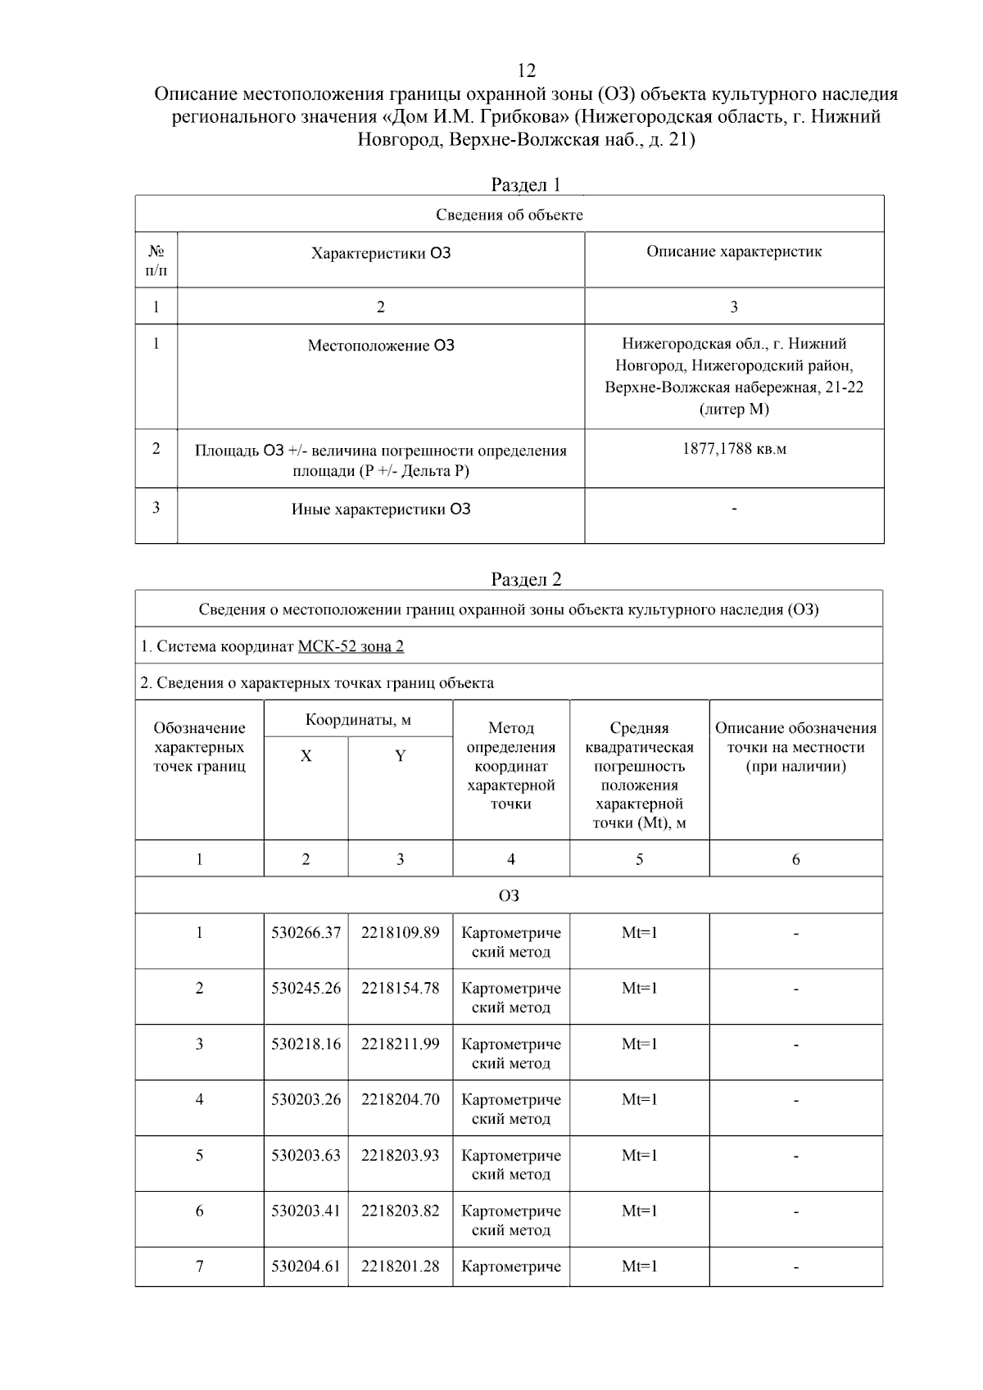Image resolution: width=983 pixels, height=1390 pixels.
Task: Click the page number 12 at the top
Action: point(526,70)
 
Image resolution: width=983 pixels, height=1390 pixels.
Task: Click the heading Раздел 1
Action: point(526,184)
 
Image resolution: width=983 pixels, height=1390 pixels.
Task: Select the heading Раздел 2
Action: point(526,579)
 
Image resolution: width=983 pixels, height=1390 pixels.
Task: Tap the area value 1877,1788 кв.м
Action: point(734,449)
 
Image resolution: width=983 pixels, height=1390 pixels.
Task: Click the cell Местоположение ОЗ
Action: point(381,346)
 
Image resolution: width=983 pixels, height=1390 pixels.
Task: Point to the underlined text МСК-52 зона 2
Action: point(351,646)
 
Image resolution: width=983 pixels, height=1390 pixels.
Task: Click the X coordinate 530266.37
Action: point(306,933)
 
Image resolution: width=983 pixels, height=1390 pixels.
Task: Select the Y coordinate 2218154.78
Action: point(400,989)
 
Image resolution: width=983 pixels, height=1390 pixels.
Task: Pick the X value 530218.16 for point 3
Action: point(306,1044)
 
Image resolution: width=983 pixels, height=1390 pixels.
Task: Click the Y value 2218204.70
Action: point(400,1100)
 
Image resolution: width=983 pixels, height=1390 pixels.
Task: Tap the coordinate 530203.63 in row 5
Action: point(306,1156)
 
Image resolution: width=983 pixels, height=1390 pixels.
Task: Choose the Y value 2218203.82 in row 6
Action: point(400,1211)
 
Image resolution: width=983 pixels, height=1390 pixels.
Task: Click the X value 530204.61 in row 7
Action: point(306,1266)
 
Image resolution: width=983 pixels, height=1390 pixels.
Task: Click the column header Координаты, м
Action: point(358,720)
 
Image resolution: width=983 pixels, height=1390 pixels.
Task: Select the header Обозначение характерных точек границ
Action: point(199,747)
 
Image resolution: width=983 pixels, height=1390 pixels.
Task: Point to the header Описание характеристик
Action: point(734,252)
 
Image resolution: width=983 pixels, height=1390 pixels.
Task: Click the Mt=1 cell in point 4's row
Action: point(639,1100)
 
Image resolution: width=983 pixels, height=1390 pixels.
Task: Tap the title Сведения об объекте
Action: point(509,215)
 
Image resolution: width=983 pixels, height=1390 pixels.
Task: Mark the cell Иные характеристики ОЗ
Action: point(381,509)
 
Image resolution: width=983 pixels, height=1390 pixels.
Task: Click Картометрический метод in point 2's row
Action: point(510,998)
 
